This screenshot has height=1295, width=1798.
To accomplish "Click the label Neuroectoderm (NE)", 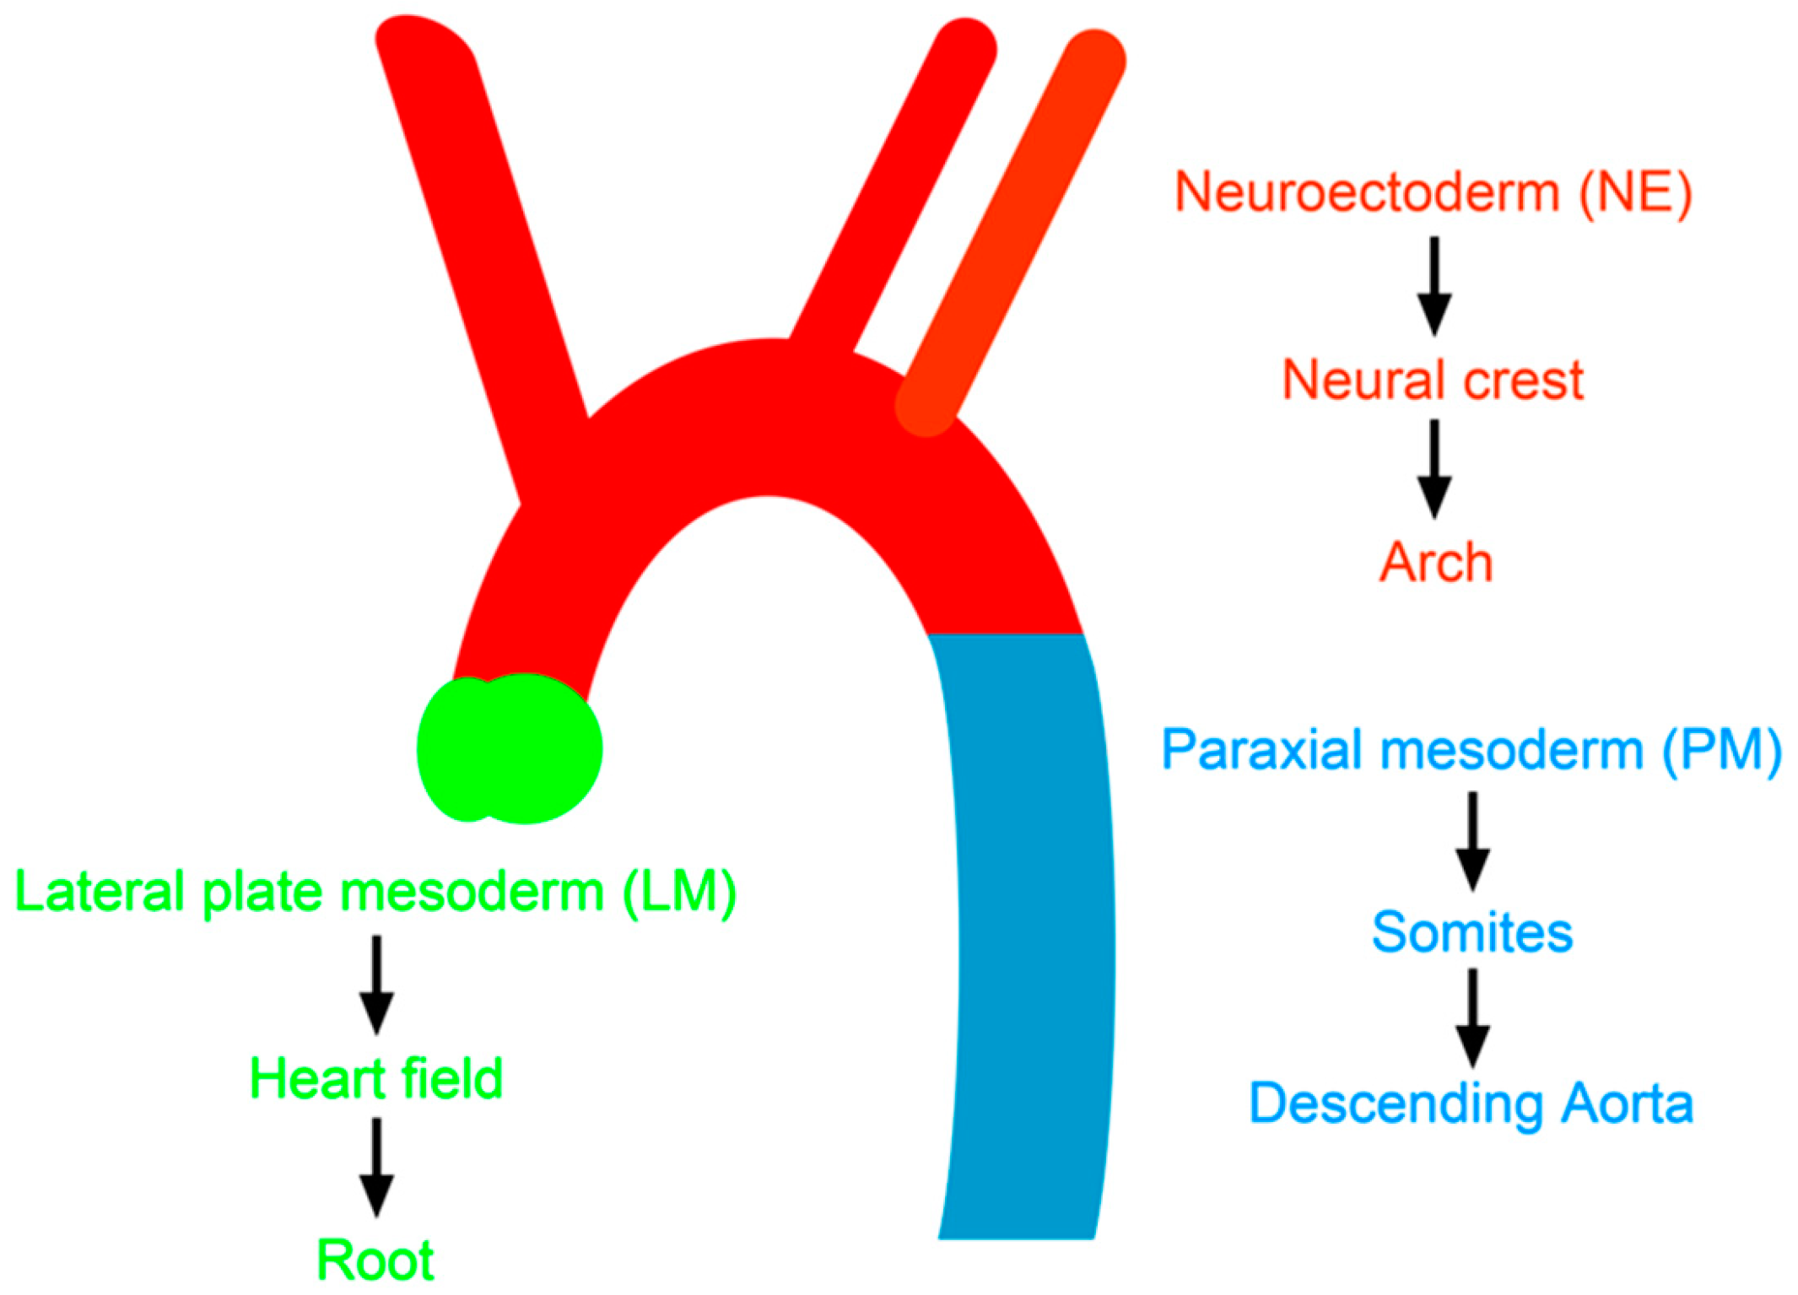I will tap(1433, 193).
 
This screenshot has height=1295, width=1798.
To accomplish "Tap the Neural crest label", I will tap(1433, 380).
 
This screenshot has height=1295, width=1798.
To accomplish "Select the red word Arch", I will tap(1435, 562).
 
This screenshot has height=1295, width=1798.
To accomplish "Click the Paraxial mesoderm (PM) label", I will tap(1471, 749).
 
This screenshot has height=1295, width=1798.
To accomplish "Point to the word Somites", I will tap(1472, 932).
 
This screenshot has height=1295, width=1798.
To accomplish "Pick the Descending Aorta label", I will tap(1471, 1103).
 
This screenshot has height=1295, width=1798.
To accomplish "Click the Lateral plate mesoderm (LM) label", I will tap(376, 892).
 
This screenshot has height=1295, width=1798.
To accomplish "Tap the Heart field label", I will tap(376, 1078).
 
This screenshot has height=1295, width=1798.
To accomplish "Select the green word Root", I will tap(375, 1260).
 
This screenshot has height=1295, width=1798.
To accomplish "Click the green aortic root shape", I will tap(510, 749).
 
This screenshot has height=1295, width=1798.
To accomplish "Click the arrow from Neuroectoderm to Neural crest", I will tap(1434, 287).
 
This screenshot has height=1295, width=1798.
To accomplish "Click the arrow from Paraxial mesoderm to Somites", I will tap(1472, 841).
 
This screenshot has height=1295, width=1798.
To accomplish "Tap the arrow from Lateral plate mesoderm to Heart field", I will tap(376, 985).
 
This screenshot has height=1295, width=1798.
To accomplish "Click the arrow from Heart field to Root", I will tap(376, 1168).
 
